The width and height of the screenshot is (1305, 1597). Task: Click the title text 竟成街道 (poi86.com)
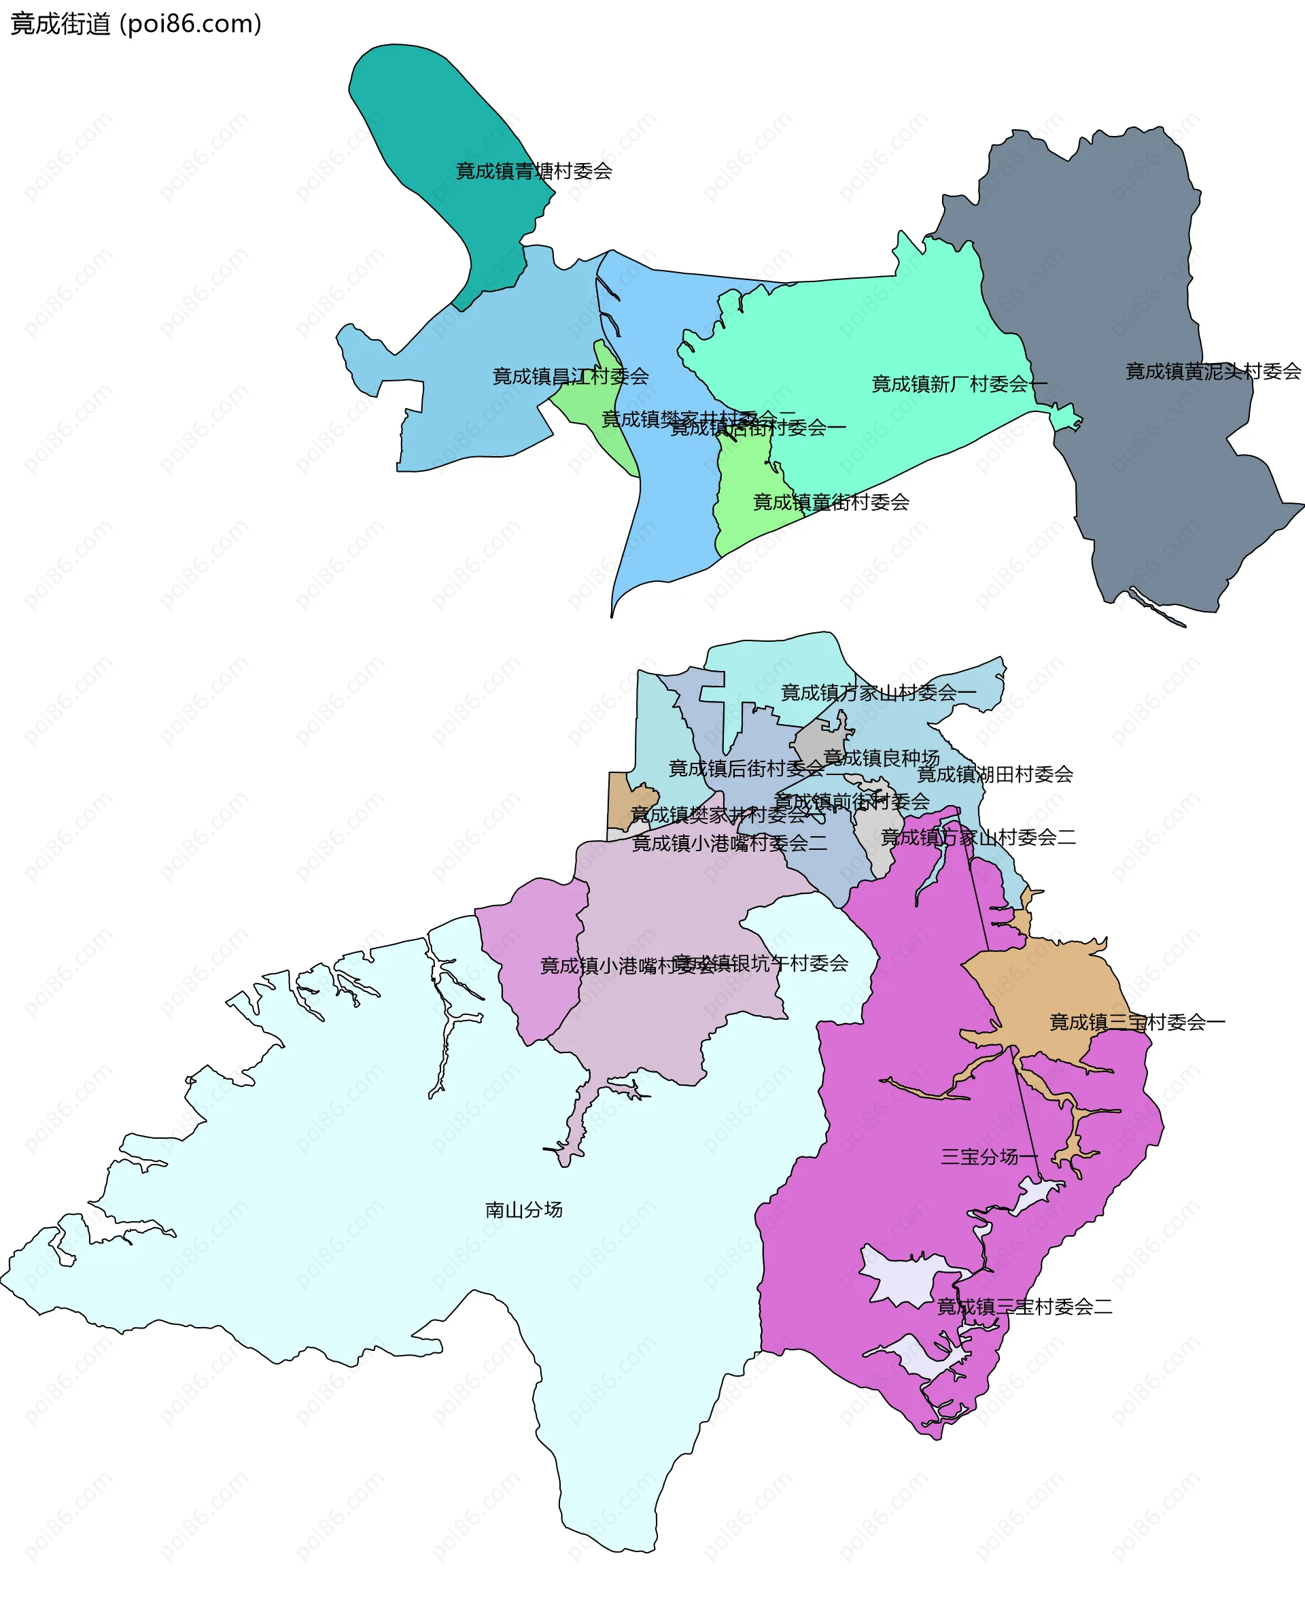pyautogui.click(x=136, y=24)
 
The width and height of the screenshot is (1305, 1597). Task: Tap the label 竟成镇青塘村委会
pyautogui.click(x=534, y=171)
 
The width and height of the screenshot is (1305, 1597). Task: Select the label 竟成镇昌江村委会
pyautogui.click(x=570, y=377)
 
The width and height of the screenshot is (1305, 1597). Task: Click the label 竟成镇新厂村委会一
pyautogui.click(x=958, y=384)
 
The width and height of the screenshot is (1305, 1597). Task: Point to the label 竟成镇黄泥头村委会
pyautogui.click(x=1213, y=371)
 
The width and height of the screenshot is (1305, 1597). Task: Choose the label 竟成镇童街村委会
pyautogui.click(x=831, y=502)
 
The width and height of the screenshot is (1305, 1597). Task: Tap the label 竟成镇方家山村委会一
pyautogui.click(x=878, y=693)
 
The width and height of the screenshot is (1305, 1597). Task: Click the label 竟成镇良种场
pyautogui.click(x=881, y=757)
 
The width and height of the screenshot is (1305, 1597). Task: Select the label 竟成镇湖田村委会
pyautogui.click(x=994, y=774)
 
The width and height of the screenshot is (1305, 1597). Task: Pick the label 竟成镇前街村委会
pyautogui.click(x=852, y=802)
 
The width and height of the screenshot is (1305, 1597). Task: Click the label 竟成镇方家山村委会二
pyautogui.click(x=977, y=837)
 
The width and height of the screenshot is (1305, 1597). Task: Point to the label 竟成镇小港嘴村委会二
pyautogui.click(x=729, y=843)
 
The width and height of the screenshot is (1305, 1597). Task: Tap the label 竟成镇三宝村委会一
pyautogui.click(x=1136, y=1022)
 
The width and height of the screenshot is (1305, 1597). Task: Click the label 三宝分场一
pyautogui.click(x=989, y=1156)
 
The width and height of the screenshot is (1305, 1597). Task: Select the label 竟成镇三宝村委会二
pyautogui.click(x=1024, y=1307)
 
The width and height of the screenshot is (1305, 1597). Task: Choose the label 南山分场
pyautogui.click(x=524, y=1209)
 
